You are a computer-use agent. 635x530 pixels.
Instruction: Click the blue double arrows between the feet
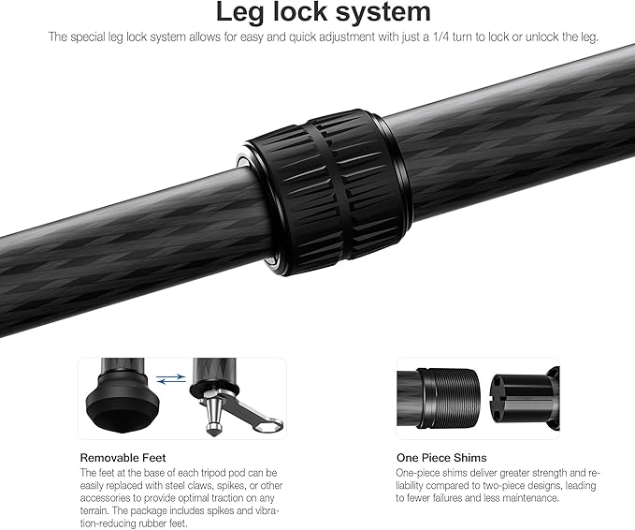tap(168, 379)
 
